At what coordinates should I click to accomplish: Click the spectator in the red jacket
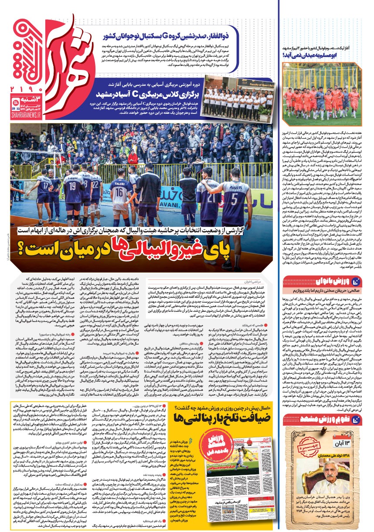click(x=133, y=157)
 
